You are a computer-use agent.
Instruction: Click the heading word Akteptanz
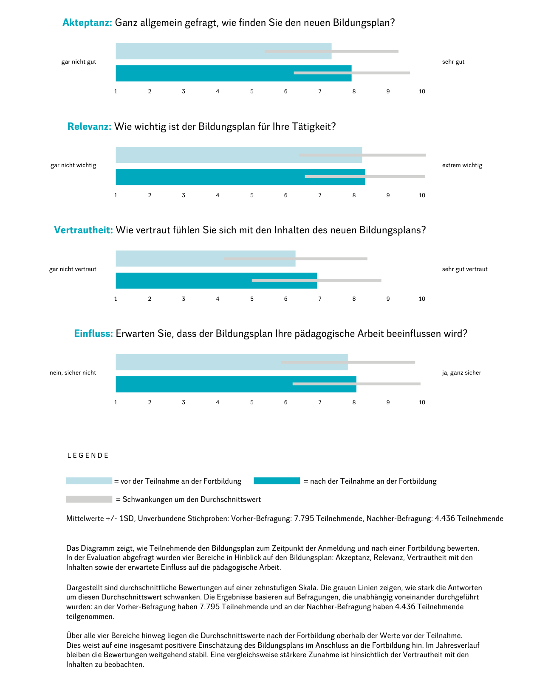click(87, 23)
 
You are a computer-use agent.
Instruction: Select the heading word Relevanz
click(89, 126)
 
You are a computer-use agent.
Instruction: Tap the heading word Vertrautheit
click(83, 230)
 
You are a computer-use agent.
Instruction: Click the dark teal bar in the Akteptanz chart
click(204, 73)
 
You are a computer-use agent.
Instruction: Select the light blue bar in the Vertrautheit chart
click(170, 258)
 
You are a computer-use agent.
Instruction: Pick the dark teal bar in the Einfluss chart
click(204, 384)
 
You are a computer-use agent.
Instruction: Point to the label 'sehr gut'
click(453, 62)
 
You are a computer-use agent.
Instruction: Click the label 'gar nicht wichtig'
click(73, 165)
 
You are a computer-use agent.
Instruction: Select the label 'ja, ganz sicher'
click(461, 373)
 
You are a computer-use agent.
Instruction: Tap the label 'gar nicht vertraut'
click(73, 269)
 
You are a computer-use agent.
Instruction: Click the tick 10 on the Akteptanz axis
click(422, 92)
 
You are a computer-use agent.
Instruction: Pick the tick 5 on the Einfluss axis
click(252, 403)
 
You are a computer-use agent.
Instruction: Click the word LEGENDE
click(88, 456)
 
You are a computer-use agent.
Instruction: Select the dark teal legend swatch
click(277, 481)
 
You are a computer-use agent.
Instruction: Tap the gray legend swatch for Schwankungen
click(89, 499)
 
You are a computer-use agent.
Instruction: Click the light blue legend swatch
click(89, 481)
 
